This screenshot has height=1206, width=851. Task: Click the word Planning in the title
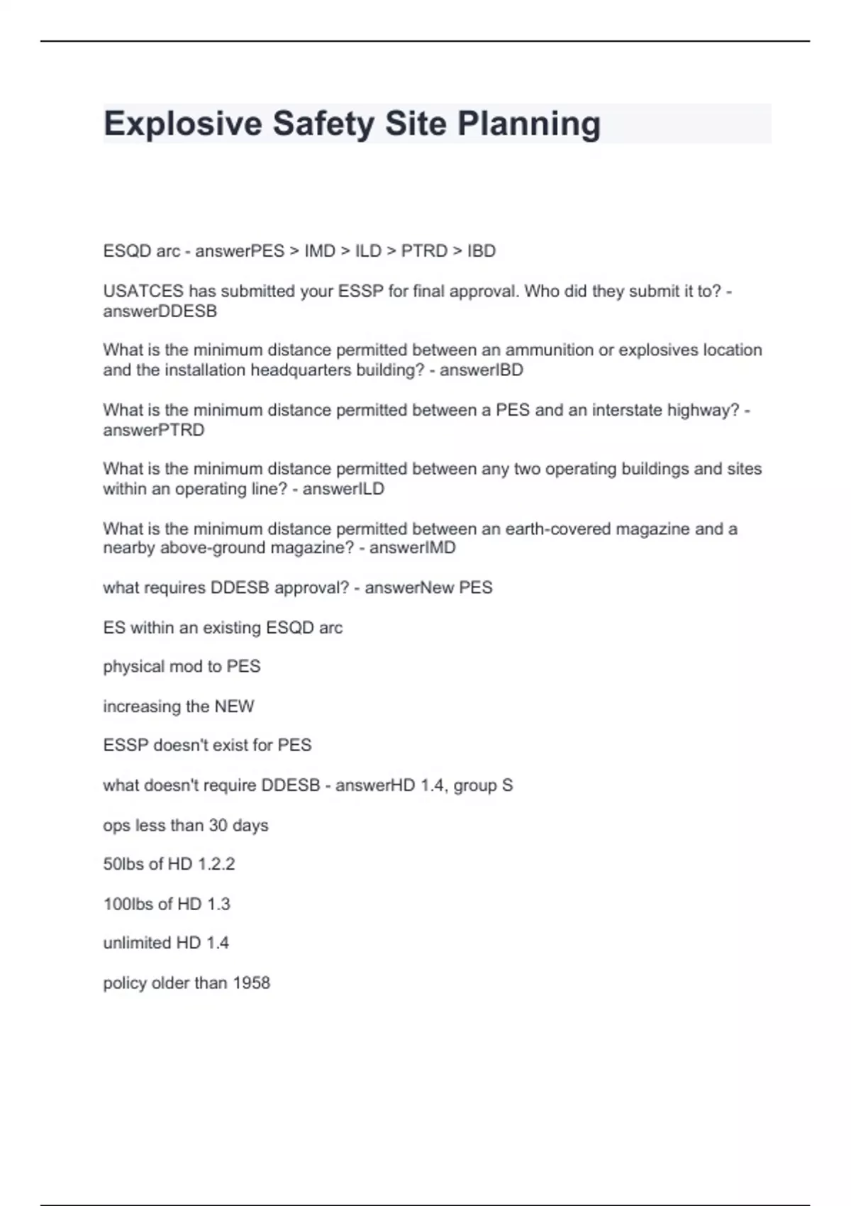click(529, 124)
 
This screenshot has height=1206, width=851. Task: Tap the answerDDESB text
click(160, 311)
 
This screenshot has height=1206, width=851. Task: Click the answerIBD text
click(482, 370)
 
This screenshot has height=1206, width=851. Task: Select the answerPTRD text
click(154, 430)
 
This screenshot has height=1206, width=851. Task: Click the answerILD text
click(343, 489)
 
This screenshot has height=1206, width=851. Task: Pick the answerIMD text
click(413, 548)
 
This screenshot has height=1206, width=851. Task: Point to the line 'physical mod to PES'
click(182, 667)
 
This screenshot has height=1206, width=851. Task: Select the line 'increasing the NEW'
click(179, 707)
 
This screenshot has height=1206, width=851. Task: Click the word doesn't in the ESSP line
click(178, 746)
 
